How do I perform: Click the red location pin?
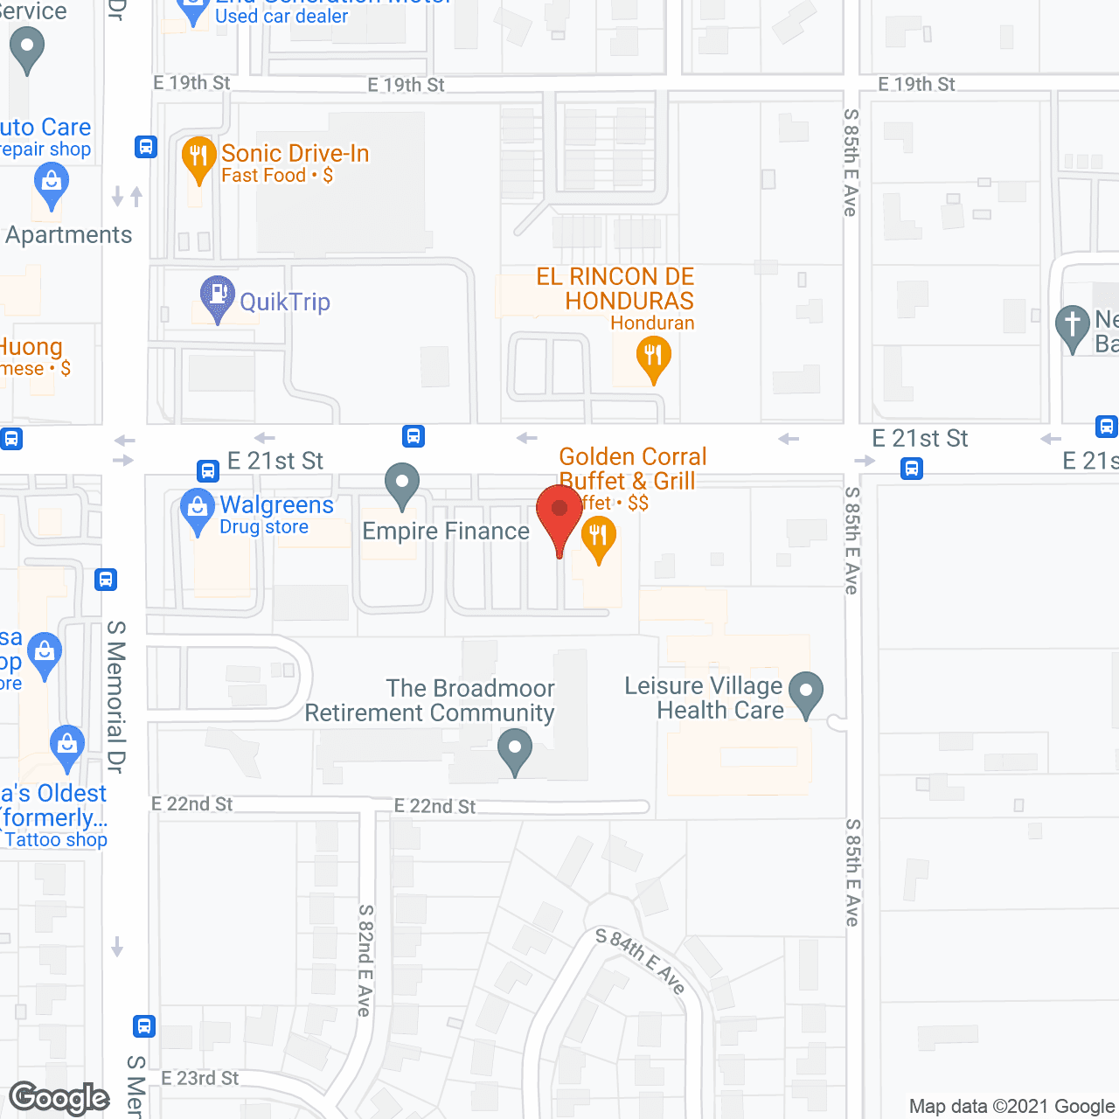click(559, 511)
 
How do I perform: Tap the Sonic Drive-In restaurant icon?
click(199, 157)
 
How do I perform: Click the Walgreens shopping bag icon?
click(197, 511)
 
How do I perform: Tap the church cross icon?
click(1073, 325)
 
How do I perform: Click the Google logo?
click(59, 1098)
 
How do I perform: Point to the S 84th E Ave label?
click(640, 961)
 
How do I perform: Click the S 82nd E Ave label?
click(365, 960)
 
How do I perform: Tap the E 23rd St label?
click(199, 1078)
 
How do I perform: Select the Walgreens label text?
click(276, 504)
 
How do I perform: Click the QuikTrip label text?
click(285, 302)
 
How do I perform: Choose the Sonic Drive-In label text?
click(295, 153)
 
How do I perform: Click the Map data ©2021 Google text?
click(1011, 1106)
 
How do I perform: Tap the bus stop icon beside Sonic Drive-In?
click(146, 147)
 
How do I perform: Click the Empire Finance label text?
click(446, 531)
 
